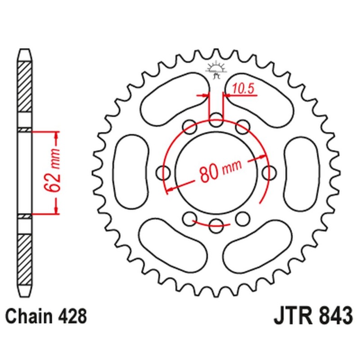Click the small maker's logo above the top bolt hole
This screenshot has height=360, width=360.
pos(216,69)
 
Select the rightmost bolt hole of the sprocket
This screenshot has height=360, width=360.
pos(270,172)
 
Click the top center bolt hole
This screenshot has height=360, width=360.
pos(216,120)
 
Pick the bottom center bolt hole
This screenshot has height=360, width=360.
pos(216,224)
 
